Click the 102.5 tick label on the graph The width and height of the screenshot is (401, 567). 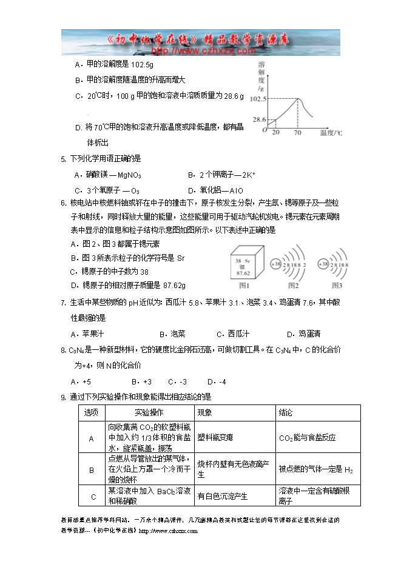point(258,99)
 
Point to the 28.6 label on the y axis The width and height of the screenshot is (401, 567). point(260,119)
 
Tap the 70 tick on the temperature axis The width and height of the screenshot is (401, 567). point(297,132)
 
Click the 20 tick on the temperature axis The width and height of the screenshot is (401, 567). point(275,132)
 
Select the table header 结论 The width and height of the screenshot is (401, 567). point(286,412)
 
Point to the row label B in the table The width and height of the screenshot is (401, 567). point(92,469)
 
